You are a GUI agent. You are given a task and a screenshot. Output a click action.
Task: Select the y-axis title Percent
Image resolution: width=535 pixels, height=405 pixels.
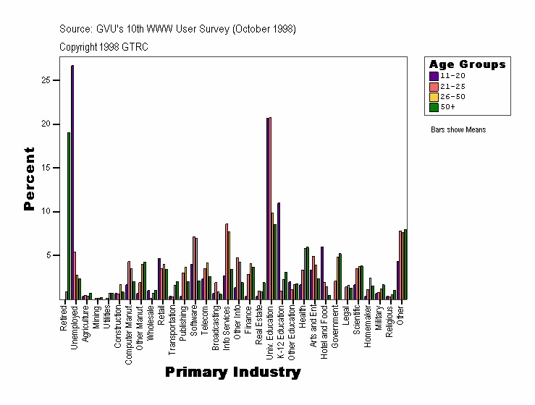point(29,179)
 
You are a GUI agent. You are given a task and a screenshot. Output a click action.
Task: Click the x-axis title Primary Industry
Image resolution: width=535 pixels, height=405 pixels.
point(232,372)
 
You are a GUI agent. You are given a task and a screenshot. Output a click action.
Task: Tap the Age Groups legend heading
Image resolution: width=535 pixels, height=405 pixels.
point(467,64)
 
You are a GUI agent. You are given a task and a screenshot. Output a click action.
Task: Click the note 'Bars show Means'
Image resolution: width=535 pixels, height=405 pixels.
point(458,130)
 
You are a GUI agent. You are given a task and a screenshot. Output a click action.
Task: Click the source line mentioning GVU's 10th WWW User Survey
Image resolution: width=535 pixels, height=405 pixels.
point(177,29)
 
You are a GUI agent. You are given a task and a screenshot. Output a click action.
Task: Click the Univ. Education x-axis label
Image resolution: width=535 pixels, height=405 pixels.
point(270,331)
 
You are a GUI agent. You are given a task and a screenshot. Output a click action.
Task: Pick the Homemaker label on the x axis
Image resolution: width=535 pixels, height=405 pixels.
point(368,325)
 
